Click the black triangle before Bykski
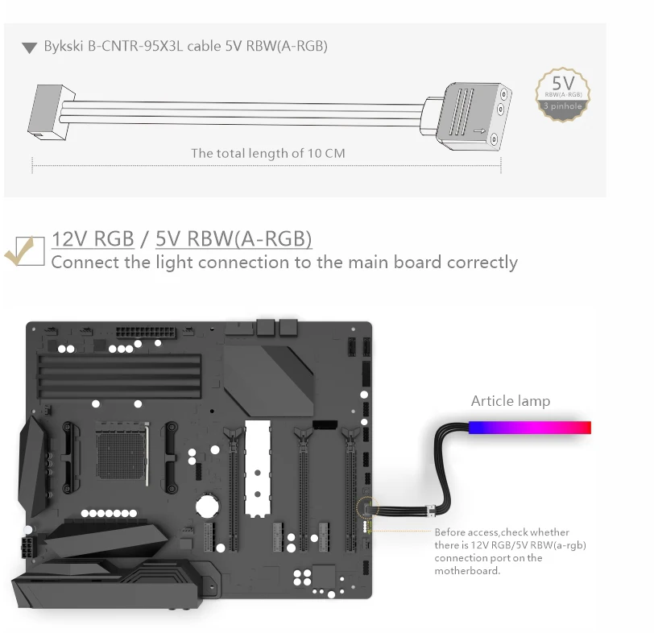[x=29, y=48]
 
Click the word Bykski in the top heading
[x=64, y=46]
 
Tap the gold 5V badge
[x=563, y=95]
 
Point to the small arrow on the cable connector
[x=480, y=131]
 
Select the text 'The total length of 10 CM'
[x=267, y=154]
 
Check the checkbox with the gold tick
[x=30, y=251]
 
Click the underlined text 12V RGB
[x=93, y=239]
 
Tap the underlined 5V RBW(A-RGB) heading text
[x=234, y=239]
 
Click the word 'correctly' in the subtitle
[x=482, y=263]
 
